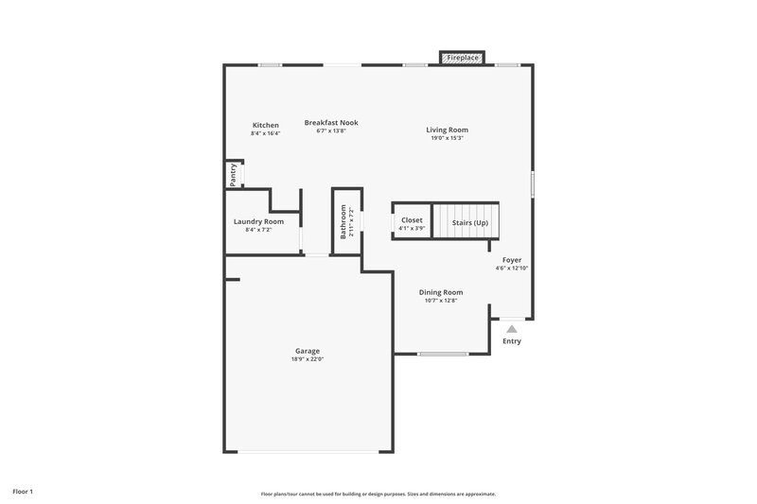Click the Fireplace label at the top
[463, 59]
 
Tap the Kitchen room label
[265, 125]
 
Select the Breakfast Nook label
[331, 122]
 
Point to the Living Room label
[447, 130]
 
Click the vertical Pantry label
[233, 175]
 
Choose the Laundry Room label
[258, 221]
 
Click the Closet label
[412, 219]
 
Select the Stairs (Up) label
[469, 222]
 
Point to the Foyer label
[511, 259]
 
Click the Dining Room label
[441, 292]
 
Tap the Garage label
[307, 351]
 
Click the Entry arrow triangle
[512, 328]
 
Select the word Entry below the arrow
[512, 341]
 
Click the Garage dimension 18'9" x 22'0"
[307, 359]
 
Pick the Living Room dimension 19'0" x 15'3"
[447, 138]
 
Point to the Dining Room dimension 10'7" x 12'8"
[441, 301]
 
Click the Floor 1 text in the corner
[22, 492]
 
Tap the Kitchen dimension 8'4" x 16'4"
[265, 133]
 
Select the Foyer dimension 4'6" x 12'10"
[511, 268]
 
